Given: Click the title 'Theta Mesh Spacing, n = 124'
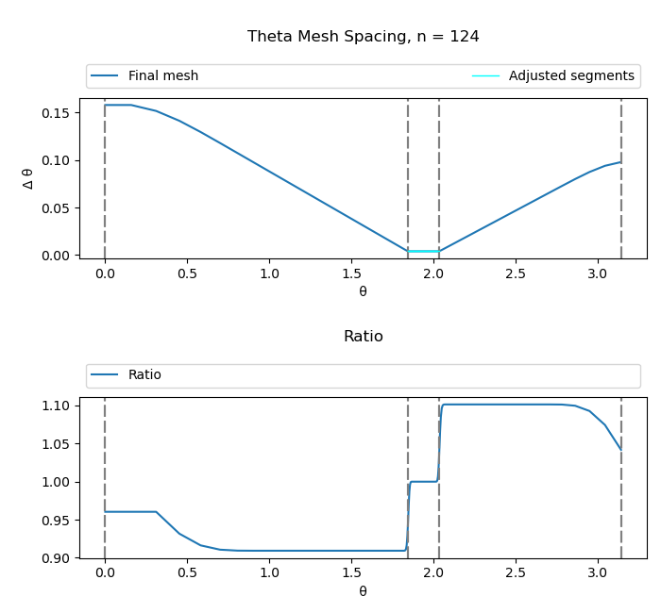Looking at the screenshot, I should point(363,37).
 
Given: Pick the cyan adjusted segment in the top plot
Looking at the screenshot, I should point(423,251).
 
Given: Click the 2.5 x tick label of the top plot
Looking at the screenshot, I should point(515,273).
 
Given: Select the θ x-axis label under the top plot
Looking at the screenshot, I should point(363,291).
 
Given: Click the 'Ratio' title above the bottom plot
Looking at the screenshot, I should point(363,337).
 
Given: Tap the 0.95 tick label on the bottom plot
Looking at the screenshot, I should point(58,521).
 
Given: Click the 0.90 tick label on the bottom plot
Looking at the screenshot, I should point(58,558).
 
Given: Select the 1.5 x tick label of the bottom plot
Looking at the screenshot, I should point(350,573).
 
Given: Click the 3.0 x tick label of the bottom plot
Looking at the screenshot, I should point(597,573).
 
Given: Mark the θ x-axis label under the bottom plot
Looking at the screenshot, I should point(363,591).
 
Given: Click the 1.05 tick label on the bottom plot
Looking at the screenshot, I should point(58,444).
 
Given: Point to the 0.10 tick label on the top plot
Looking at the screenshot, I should point(58,160).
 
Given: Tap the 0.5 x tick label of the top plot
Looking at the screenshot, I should point(187,273).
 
